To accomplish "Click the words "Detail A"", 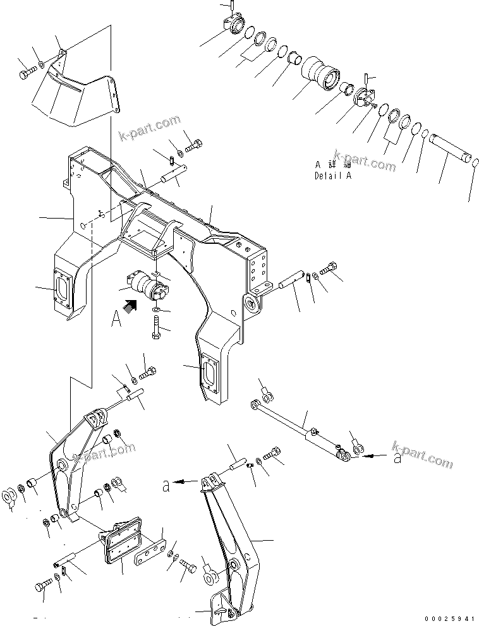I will (333, 176).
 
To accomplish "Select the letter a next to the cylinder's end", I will (397, 458).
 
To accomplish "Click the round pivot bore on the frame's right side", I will (253, 306).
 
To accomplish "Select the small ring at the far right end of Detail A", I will (475, 164).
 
